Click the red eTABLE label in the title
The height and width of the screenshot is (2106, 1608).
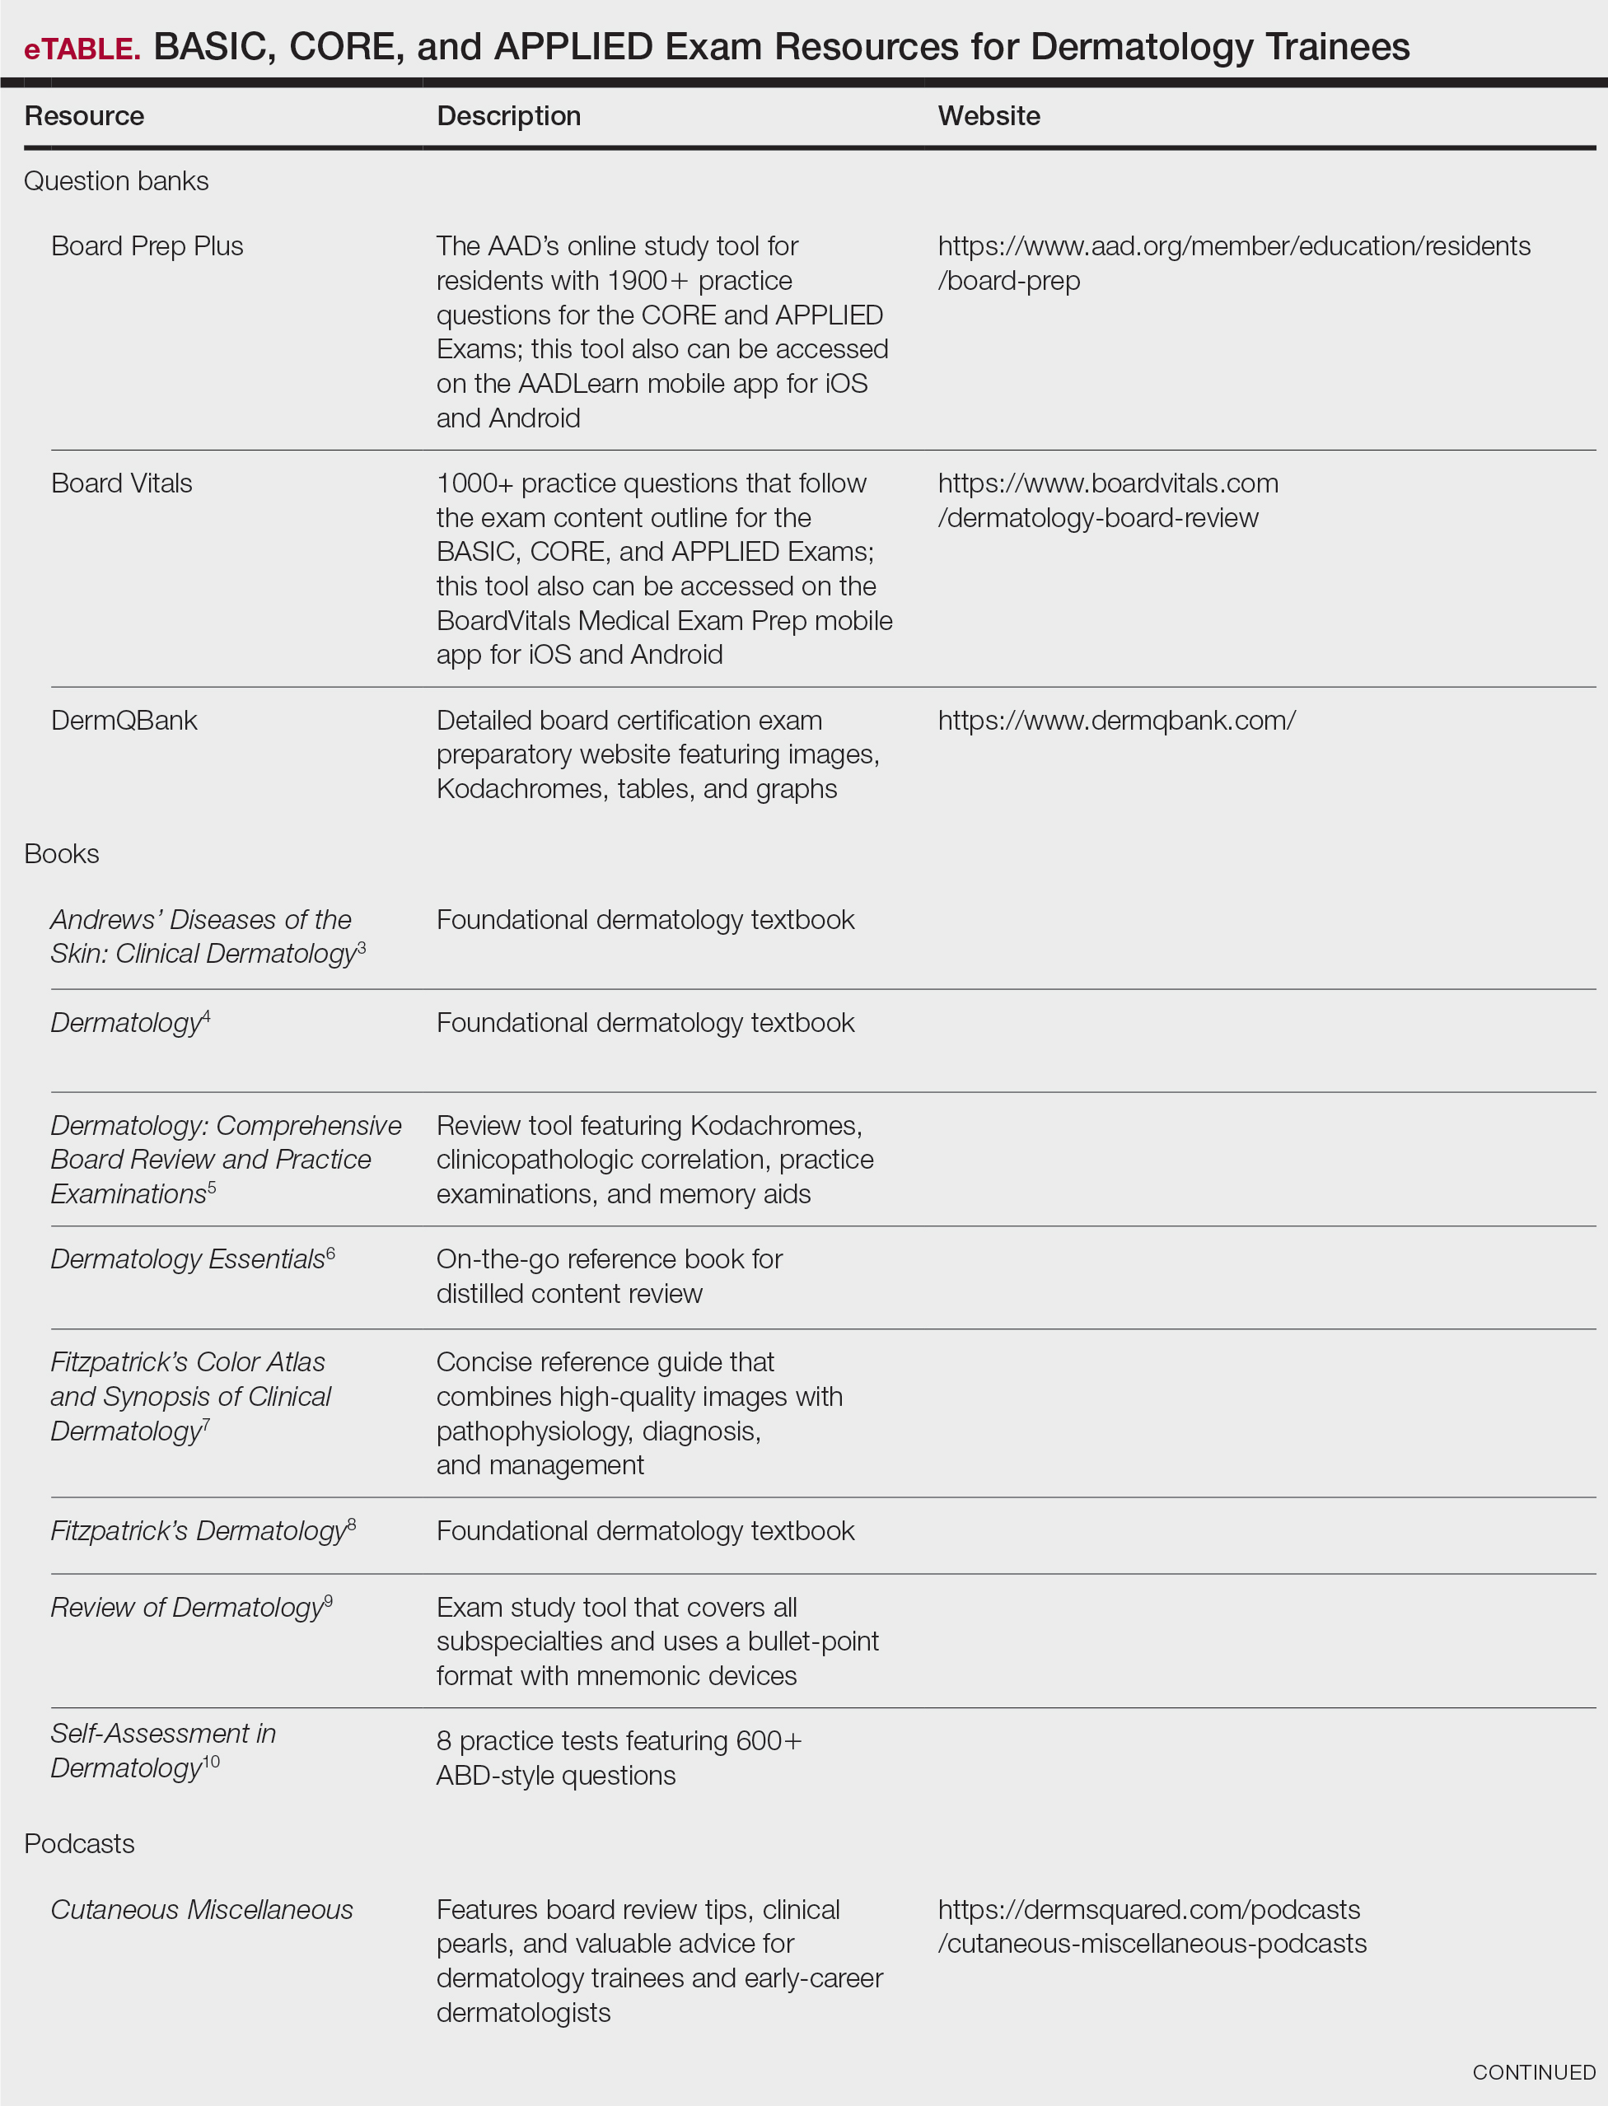click(x=82, y=49)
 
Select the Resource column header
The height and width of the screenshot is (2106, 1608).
click(x=84, y=116)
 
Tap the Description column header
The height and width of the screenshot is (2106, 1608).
click(x=508, y=116)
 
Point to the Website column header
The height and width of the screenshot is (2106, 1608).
click(x=989, y=116)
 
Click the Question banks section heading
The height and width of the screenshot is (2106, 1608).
click(x=116, y=181)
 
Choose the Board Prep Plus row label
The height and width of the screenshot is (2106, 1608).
click(x=147, y=246)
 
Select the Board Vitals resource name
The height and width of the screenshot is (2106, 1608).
click(x=122, y=483)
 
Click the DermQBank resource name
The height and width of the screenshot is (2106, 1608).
click(x=124, y=721)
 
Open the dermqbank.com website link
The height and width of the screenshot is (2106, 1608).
click(x=1116, y=721)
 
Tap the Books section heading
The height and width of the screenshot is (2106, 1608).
click(x=61, y=853)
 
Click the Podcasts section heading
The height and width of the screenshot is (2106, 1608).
click(x=79, y=1844)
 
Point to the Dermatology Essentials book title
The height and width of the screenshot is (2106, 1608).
click(x=188, y=1259)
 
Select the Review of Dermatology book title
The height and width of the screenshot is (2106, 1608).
click(x=187, y=1608)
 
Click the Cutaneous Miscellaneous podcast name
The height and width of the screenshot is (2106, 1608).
click(x=202, y=1910)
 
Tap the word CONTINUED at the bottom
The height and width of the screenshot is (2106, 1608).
click(x=1533, y=2072)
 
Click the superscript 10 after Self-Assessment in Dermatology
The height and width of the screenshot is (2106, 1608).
click(x=212, y=1762)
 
